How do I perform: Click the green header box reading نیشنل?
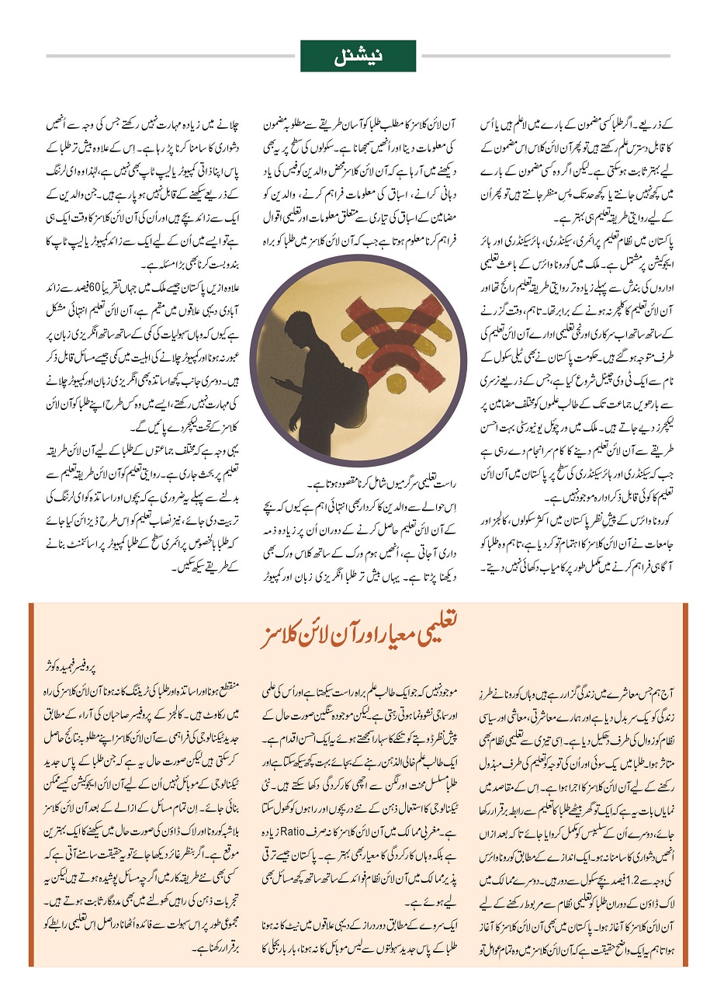click(x=358, y=56)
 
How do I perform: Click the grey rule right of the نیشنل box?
click(x=542, y=56)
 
